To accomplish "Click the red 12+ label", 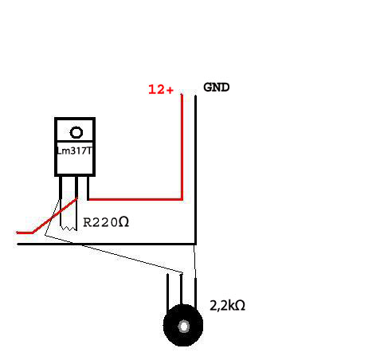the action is (161, 89).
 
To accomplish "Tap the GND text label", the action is (217, 88).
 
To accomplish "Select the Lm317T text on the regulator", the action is (75, 151).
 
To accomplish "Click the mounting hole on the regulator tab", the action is (76, 132).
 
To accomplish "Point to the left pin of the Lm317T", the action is (61, 187).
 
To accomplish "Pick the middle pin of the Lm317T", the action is (76, 187).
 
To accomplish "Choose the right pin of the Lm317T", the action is (88, 187).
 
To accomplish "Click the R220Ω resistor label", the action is (106, 222).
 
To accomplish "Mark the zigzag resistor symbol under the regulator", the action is (69, 228).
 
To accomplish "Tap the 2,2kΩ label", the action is (227, 305).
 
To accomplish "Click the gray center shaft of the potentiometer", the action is (184, 326).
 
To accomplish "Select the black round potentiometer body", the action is (183, 326).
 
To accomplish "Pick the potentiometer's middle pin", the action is (182, 290).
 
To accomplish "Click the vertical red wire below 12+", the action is (182, 147).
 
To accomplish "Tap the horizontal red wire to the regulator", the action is (135, 199).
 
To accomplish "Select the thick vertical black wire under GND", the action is (195, 170).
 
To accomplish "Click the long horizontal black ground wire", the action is (106, 244).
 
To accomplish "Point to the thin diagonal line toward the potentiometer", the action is (114, 254).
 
